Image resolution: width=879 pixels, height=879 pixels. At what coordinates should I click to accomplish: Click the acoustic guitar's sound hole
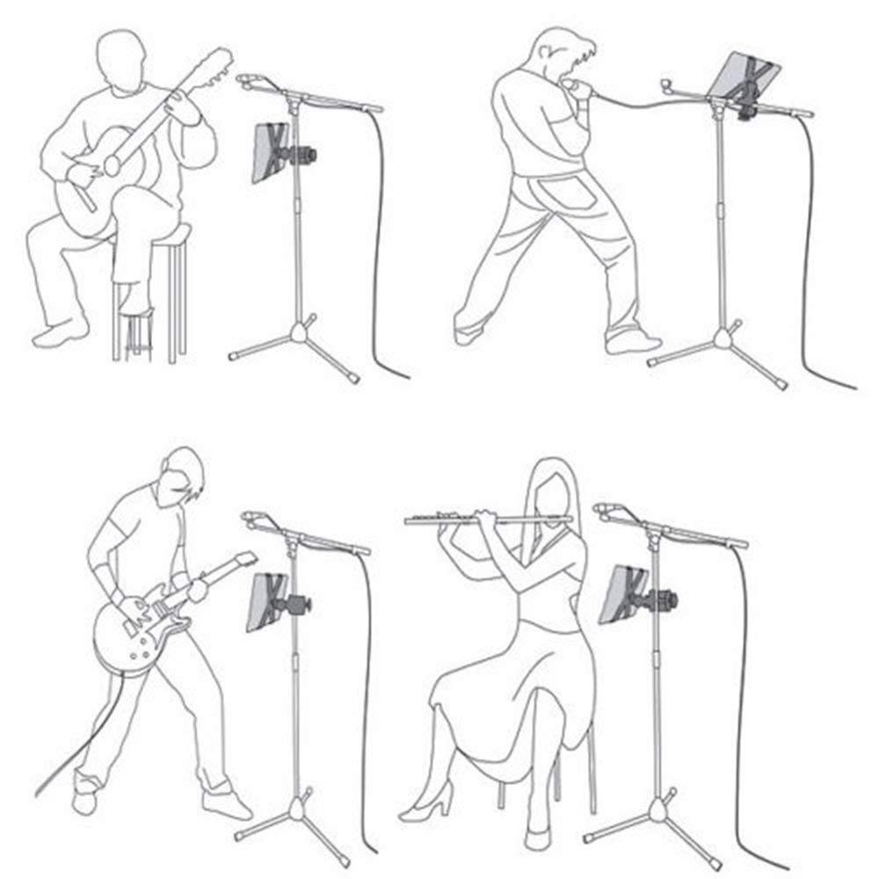(112, 163)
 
